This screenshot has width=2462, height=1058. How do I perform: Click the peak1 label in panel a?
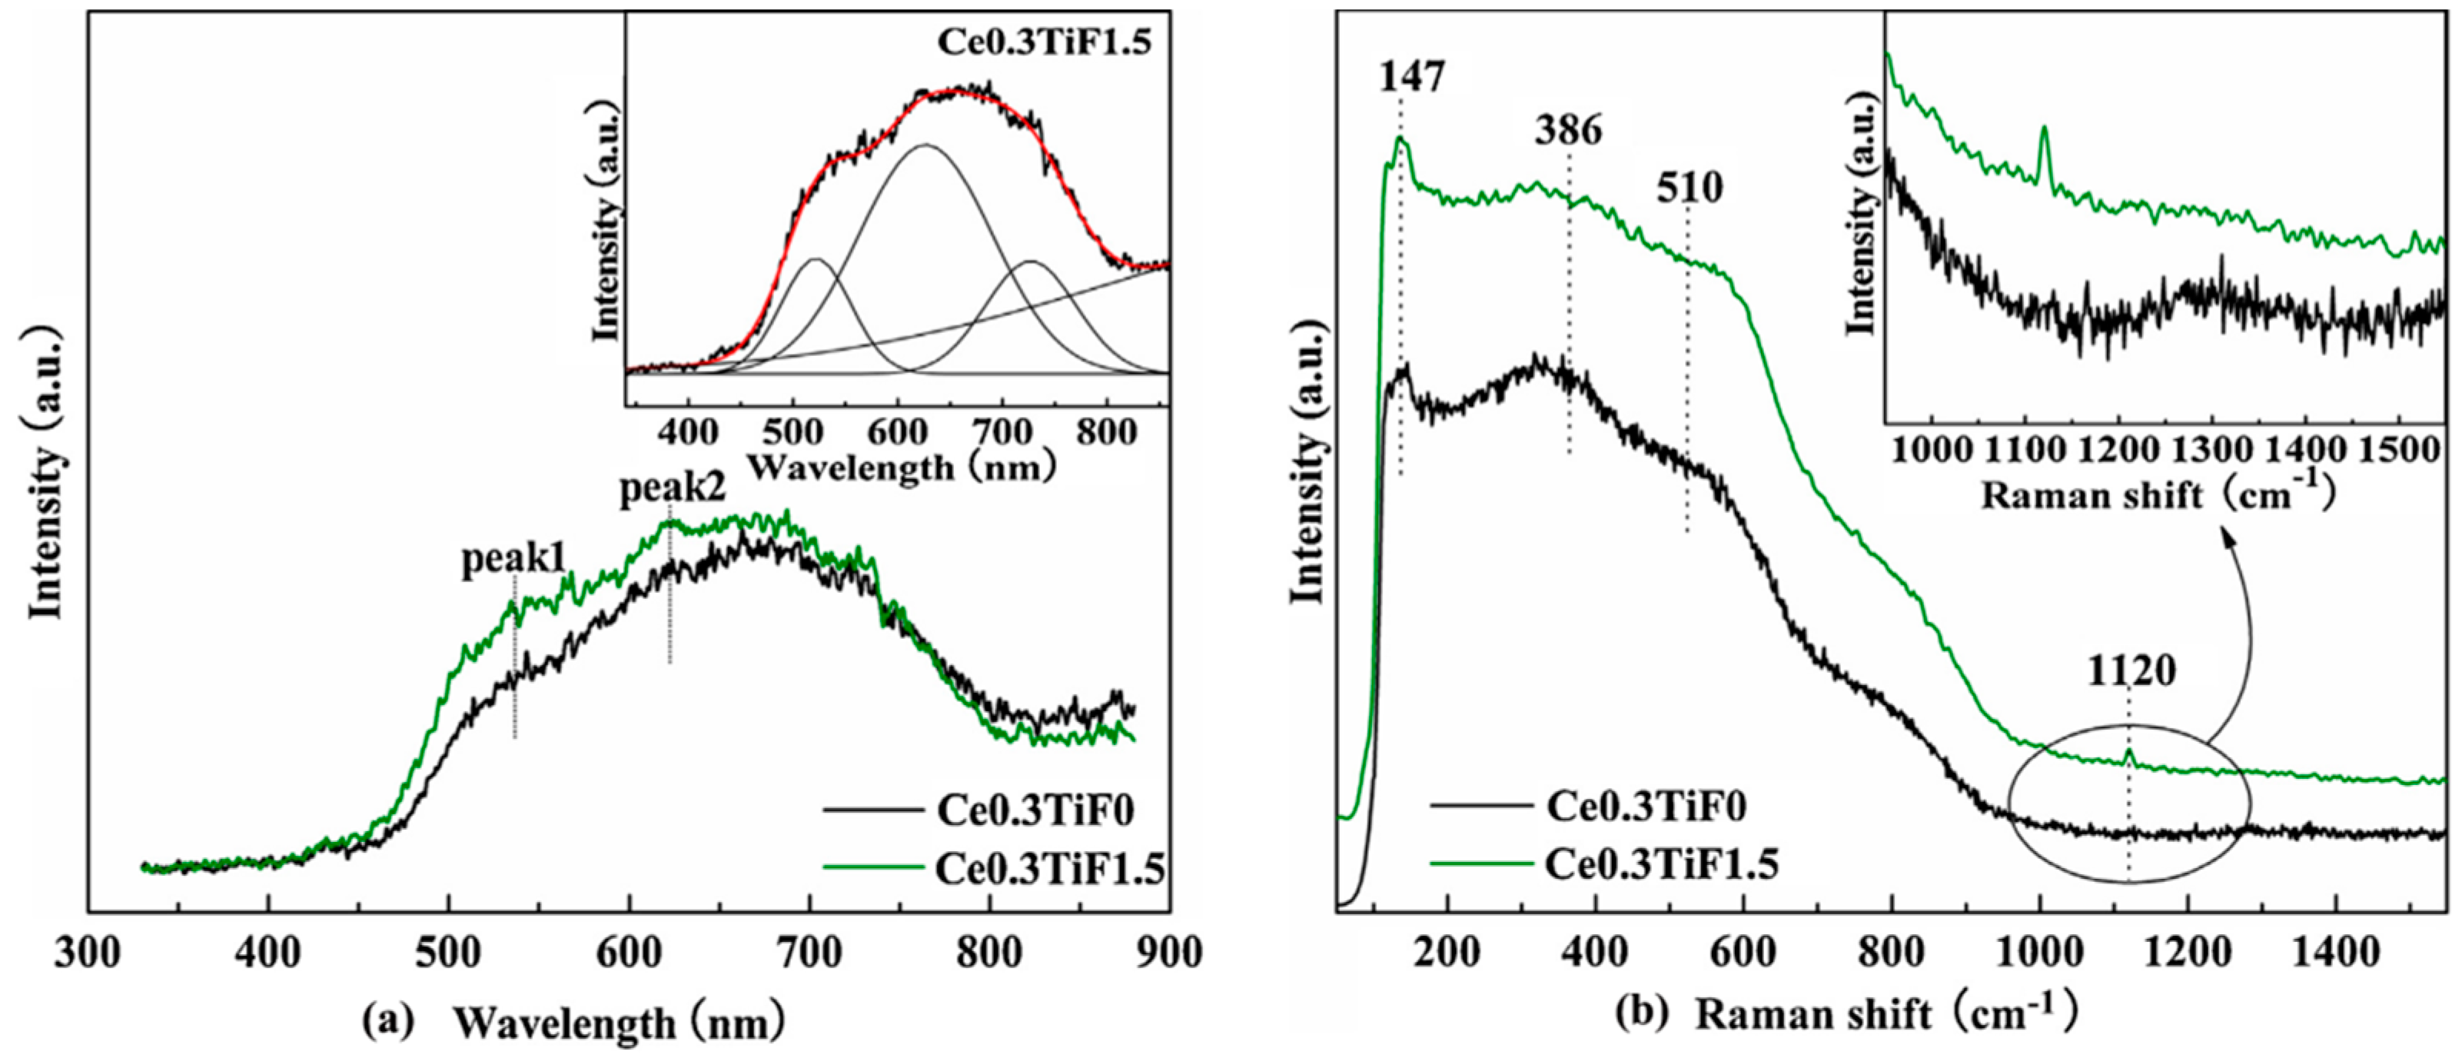(513, 559)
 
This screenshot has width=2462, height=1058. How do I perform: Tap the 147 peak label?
(1412, 76)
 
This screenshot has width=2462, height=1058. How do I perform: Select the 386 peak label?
(1567, 130)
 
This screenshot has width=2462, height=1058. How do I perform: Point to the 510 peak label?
(1689, 188)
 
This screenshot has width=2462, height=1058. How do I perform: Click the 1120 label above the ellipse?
(2131, 672)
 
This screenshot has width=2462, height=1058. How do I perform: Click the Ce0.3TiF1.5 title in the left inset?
(1044, 43)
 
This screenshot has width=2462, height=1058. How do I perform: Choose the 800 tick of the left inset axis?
(1107, 432)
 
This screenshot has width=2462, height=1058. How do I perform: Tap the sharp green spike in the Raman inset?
(2043, 129)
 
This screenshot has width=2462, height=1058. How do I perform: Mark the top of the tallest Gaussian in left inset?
(924, 145)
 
